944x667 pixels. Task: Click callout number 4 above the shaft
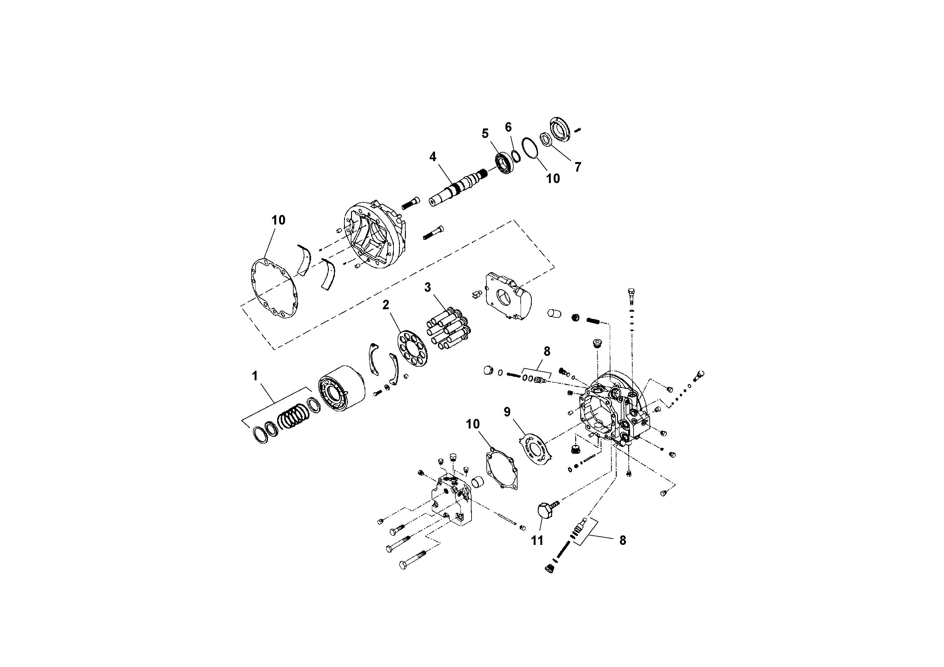pyautogui.click(x=433, y=157)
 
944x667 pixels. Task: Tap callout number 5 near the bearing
pyautogui.click(x=485, y=133)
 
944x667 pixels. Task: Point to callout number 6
pyautogui.click(x=508, y=127)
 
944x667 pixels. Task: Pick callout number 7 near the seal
pyautogui.click(x=578, y=167)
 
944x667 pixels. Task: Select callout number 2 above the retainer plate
pyautogui.click(x=386, y=305)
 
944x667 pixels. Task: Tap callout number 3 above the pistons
pyautogui.click(x=427, y=287)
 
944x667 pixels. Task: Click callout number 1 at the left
pyautogui.click(x=255, y=376)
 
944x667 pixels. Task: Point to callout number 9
pyautogui.click(x=507, y=412)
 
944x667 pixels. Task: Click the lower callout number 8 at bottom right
pyautogui.click(x=622, y=540)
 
